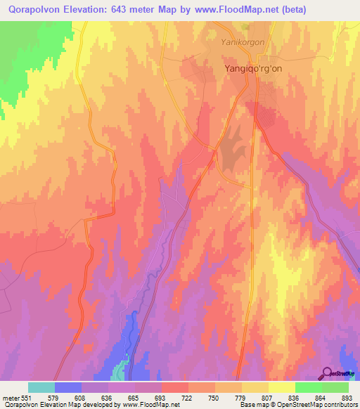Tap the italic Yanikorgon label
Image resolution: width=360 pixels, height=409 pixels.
(242, 42)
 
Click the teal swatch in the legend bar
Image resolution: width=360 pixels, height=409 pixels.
(41, 387)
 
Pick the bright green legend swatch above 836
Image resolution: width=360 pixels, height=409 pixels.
(308, 387)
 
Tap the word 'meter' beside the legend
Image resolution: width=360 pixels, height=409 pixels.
(9, 398)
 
